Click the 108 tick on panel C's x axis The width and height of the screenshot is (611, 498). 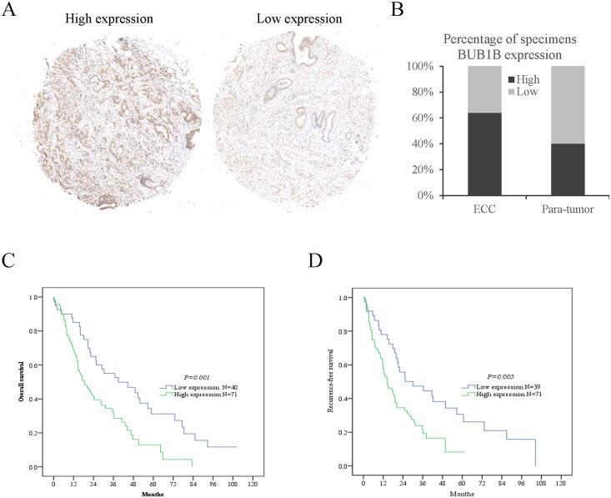point(236,484)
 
